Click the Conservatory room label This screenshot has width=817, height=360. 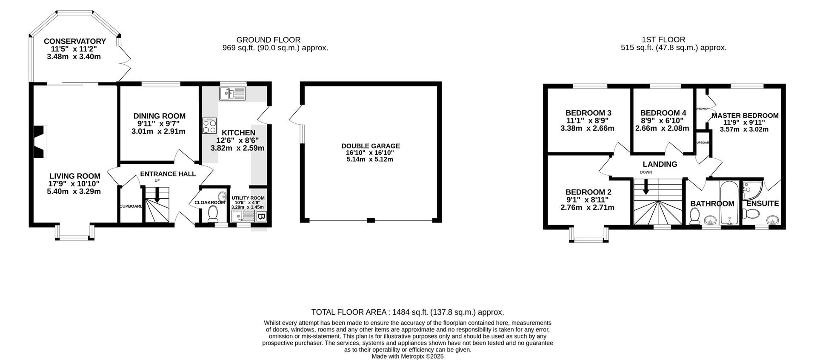click(x=74, y=41)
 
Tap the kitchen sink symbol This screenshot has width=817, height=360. click(x=232, y=93)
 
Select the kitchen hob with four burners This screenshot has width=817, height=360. click(x=210, y=126)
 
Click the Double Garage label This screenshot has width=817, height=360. click(x=371, y=146)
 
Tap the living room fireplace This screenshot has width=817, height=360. click(x=40, y=142)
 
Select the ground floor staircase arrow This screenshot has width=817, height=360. click(x=156, y=197)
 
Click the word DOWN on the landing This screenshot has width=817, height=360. click(x=646, y=172)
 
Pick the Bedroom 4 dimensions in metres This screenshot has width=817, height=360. click(x=662, y=128)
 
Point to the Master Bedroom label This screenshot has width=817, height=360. click(x=745, y=115)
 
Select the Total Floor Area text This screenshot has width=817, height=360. click(x=407, y=312)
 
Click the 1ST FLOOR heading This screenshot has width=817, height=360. click(x=673, y=40)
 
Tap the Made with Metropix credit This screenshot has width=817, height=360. click(x=407, y=357)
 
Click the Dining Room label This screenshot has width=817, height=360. click(x=159, y=116)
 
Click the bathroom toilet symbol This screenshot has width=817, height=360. click(x=695, y=217)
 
